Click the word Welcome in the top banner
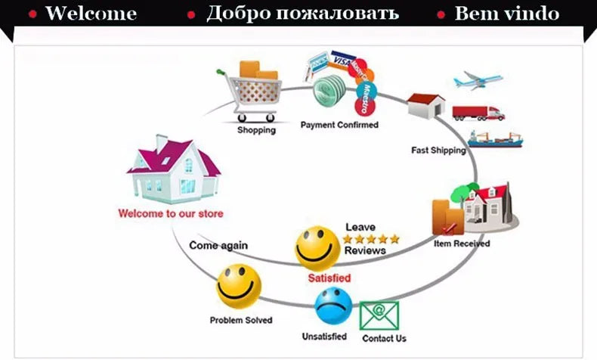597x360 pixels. pos(91,14)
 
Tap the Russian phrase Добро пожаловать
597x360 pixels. pos(302,14)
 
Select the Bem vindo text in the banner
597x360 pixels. pos(507,14)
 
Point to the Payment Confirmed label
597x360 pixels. pos(339,125)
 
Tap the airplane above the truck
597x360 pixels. pos(478,80)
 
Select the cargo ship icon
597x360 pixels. pos(494,138)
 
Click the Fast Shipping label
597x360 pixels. pos(438,150)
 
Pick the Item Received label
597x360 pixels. pos(462,244)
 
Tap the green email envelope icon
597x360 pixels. pos(379,315)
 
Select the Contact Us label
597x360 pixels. pos(384,338)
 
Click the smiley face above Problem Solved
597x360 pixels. pos(239,286)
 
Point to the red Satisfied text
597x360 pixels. pos(329,278)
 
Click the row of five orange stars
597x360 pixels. pos(370,239)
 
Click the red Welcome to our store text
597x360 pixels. pos(171,213)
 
